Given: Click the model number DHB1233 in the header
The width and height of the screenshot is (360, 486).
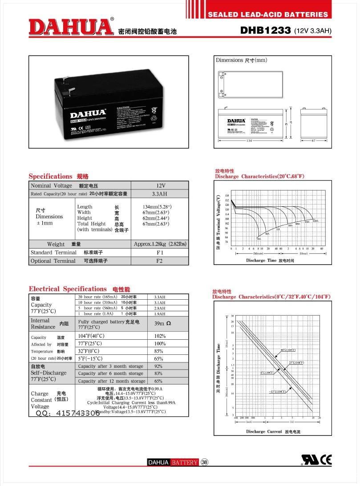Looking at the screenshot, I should click(x=266, y=30).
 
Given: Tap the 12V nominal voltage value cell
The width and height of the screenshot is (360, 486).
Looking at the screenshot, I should click(x=160, y=185).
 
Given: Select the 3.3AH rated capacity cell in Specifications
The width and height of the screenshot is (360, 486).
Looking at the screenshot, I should click(x=160, y=194).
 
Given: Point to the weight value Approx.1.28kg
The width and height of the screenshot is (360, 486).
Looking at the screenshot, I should click(x=160, y=244).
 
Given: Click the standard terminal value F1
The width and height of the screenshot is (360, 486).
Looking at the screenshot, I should click(x=160, y=253).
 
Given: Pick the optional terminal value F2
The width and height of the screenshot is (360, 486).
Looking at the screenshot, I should click(x=160, y=261).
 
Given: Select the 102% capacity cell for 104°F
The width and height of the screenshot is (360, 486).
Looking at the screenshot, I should click(x=160, y=336).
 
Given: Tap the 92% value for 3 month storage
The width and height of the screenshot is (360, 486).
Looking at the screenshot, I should click(x=158, y=366).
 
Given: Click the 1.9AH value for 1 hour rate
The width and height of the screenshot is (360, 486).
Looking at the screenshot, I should click(x=159, y=314).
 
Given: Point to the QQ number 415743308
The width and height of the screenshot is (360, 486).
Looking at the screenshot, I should click(x=67, y=413).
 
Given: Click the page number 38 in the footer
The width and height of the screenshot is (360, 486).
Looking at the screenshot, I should click(x=205, y=462).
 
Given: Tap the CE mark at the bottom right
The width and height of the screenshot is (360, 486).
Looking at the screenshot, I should click(x=326, y=459).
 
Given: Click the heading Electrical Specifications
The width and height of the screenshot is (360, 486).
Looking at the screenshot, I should click(x=68, y=289).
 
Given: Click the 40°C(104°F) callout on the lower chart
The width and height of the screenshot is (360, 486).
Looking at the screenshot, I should click(x=288, y=350).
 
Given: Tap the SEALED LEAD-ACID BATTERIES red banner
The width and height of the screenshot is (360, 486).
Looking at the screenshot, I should click(x=268, y=14).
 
